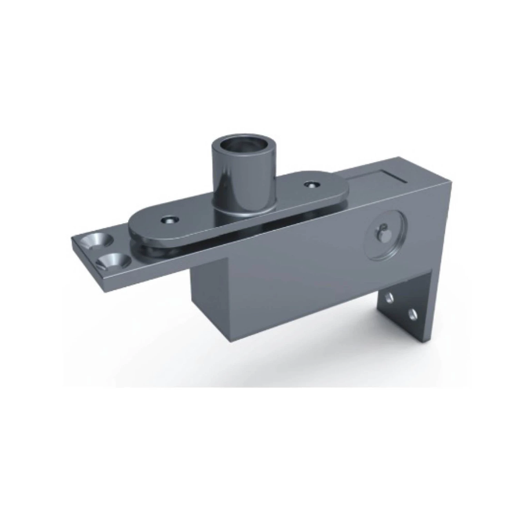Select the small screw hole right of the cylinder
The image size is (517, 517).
click(313, 185)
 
